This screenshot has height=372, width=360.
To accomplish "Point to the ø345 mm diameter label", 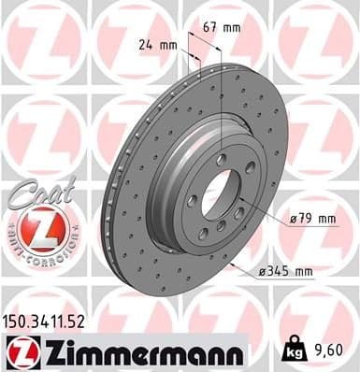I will click(x=285, y=273).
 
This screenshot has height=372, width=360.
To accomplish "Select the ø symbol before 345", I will click(x=261, y=273).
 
